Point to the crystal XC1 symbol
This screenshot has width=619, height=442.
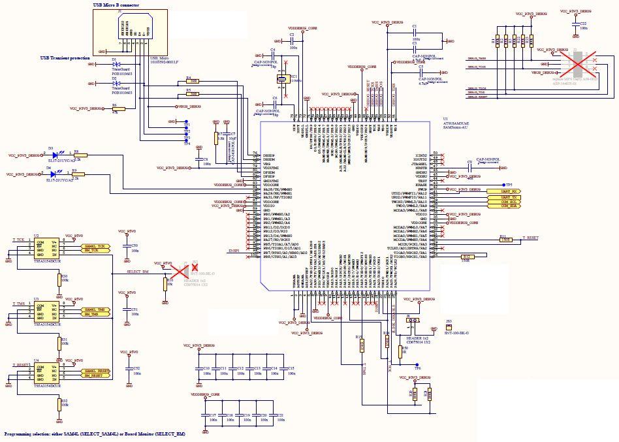tap(281, 79)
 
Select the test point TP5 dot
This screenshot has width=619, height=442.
tap(502, 185)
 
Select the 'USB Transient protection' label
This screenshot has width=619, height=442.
tap(65, 58)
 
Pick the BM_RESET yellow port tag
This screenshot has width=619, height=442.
tap(96, 375)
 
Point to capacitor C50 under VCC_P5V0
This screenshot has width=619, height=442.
tap(128, 247)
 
